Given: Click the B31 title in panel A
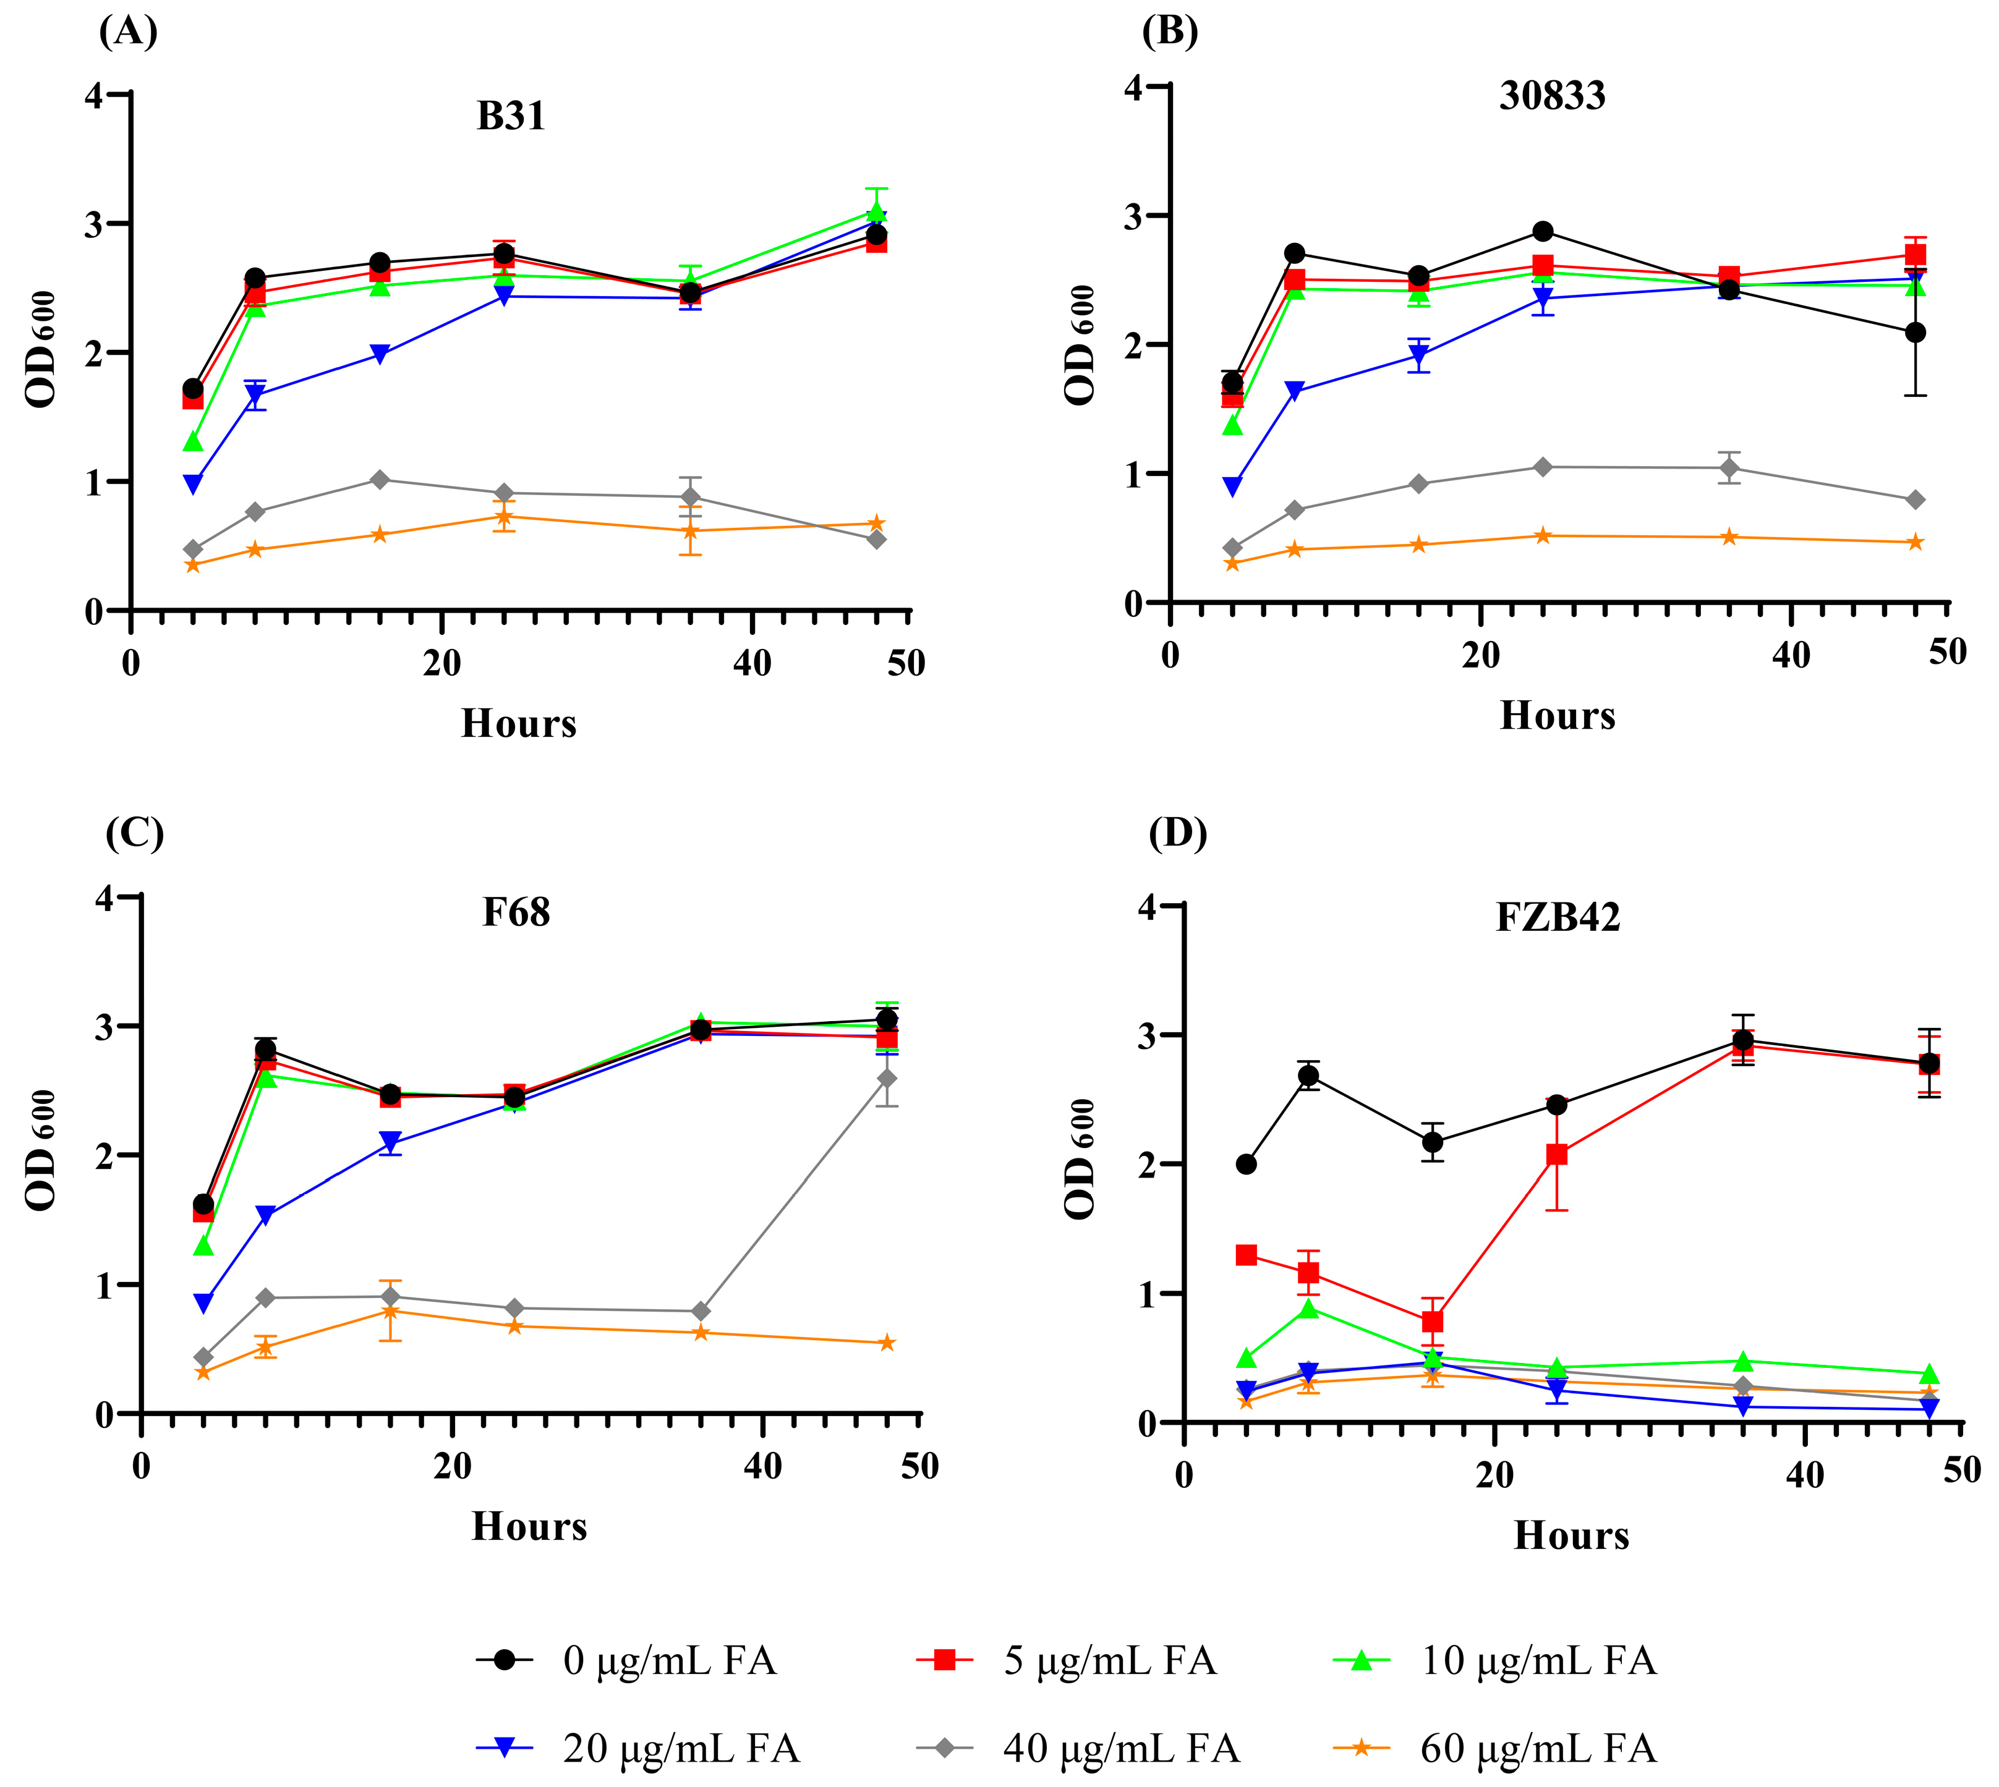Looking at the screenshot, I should (x=510, y=116).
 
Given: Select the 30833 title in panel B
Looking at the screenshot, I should (x=1552, y=95).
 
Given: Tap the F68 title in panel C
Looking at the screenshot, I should (x=516, y=912).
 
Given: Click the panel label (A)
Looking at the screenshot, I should (x=128, y=32).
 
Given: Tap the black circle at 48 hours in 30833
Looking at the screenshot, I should (x=1914, y=333).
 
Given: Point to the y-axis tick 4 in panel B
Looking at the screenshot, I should (x=1135, y=87).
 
